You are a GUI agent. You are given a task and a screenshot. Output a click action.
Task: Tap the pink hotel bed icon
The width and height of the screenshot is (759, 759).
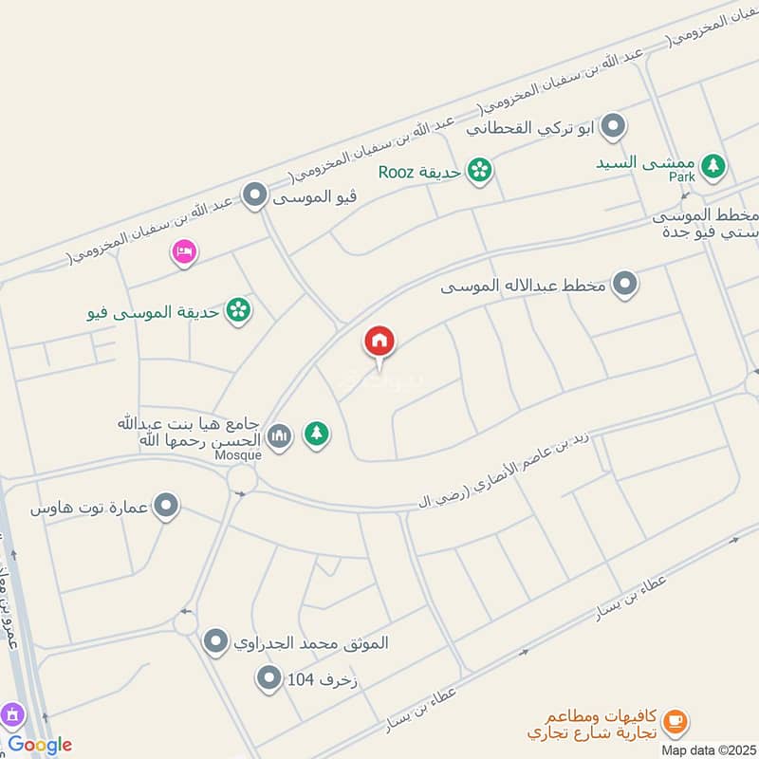(x=183, y=251)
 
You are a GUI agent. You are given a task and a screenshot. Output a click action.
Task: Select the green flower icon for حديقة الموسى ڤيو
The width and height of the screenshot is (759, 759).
(x=239, y=309)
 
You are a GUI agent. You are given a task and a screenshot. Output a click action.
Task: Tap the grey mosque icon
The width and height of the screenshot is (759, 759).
(x=279, y=435)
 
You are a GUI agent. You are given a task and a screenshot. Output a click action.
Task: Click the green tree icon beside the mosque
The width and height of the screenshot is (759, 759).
(x=317, y=435)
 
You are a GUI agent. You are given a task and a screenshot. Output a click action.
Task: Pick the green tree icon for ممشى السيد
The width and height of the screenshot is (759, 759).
(x=713, y=167)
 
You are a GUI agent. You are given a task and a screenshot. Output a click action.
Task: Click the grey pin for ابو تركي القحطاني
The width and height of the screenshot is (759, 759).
(x=614, y=126)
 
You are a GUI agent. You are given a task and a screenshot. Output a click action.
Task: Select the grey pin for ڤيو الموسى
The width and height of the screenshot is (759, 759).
(x=253, y=196)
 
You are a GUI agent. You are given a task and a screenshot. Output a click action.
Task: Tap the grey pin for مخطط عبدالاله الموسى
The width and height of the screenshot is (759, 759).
(x=624, y=284)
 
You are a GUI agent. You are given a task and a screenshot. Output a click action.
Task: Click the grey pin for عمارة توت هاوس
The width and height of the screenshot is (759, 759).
(x=167, y=506)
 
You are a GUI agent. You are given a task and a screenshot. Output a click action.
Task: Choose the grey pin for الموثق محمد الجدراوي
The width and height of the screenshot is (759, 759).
(x=217, y=641)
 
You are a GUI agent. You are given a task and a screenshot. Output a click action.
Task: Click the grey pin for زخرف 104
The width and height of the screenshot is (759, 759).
(x=269, y=677)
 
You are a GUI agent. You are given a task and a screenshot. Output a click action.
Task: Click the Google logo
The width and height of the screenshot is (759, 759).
(x=40, y=745)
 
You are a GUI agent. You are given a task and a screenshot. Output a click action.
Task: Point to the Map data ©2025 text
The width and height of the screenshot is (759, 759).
(x=707, y=750)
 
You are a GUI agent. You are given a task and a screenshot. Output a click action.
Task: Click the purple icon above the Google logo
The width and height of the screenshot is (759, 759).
(x=11, y=713)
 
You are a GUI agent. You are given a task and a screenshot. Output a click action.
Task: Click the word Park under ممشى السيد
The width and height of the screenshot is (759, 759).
(x=681, y=177)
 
